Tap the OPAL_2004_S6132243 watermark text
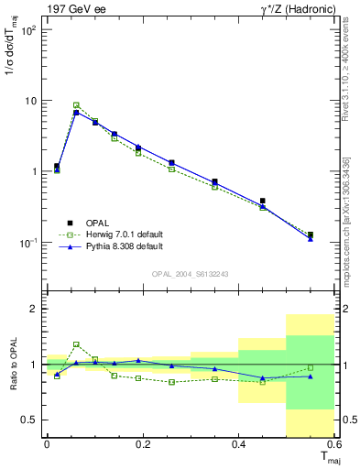tap(191, 273)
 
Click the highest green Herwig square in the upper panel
tap(76, 105)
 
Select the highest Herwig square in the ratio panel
tap(76, 344)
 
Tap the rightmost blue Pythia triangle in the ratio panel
tap(311, 376)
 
